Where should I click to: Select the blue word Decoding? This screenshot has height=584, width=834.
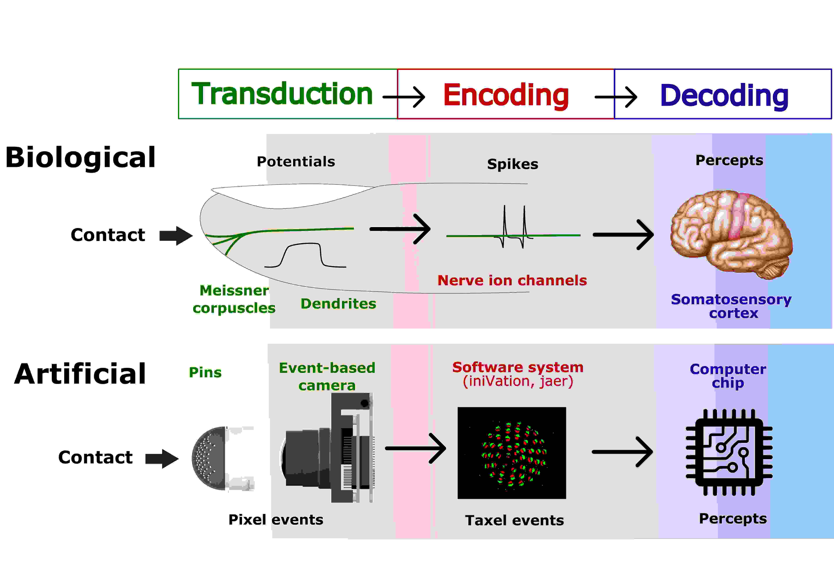(x=724, y=96)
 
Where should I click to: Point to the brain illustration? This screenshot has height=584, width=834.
(x=731, y=234)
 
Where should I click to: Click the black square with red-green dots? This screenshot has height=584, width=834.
(x=511, y=453)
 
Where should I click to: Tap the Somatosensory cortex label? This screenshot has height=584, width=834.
(x=731, y=306)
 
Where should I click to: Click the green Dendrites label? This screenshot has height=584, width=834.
(x=338, y=304)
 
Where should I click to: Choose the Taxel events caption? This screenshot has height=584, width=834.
(x=514, y=520)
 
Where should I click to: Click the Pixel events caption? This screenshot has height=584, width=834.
(x=276, y=520)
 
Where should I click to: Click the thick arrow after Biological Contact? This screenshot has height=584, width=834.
(x=176, y=236)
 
